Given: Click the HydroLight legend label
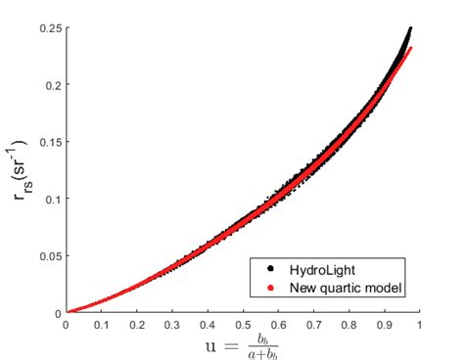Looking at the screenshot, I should click(x=317, y=268).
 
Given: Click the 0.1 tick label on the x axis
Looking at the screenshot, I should click(x=101, y=325).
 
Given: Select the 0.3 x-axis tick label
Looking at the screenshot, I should click(x=172, y=325).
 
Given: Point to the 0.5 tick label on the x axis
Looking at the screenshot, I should click(x=243, y=325).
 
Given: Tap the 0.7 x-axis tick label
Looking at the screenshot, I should click(x=313, y=325).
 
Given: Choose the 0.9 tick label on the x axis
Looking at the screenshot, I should click(x=385, y=325).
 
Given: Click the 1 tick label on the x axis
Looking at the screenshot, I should click(x=420, y=325).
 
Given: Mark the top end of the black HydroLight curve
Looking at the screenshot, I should click(x=410, y=29).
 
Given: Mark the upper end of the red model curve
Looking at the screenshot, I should click(x=411, y=48).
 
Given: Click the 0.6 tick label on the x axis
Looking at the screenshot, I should click(x=278, y=325).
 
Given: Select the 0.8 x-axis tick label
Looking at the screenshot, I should click(x=349, y=325).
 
